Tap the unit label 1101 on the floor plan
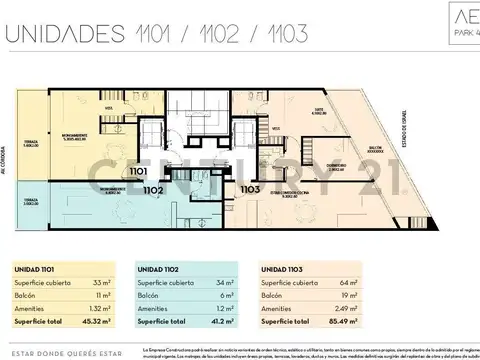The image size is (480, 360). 137,171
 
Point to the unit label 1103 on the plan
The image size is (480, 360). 250,188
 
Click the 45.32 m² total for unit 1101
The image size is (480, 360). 96,322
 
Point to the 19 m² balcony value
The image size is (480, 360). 350,297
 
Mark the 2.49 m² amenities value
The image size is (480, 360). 346,309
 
